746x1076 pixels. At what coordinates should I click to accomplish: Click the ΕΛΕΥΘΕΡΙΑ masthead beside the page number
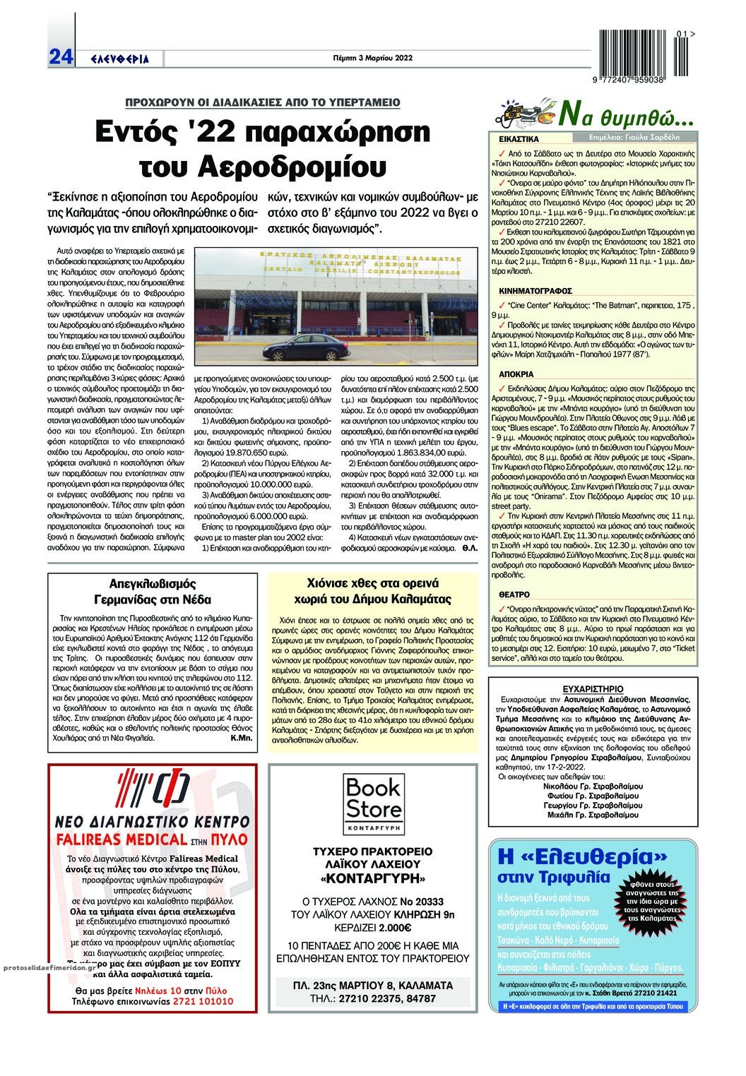click(121, 59)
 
